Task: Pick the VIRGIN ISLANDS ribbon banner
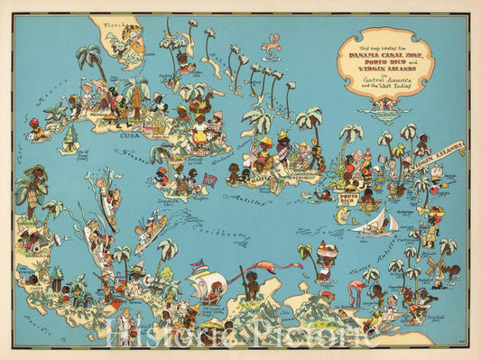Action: (439, 150)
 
